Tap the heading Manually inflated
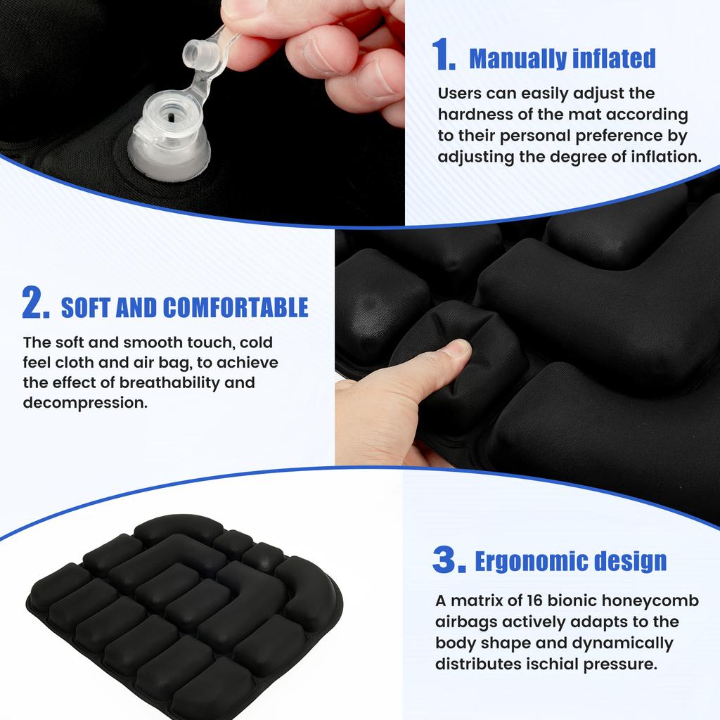562,58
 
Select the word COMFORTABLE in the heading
236,308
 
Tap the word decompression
85,404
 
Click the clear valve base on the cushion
169,144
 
